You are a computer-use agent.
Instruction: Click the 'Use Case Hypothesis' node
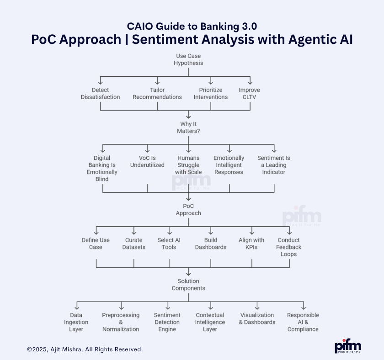pyautogui.click(x=188, y=59)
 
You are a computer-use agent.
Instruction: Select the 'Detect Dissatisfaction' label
pyautogui.click(x=100, y=94)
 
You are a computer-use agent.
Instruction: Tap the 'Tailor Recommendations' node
pyautogui.click(x=157, y=94)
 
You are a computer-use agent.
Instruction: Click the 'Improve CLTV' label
pyautogui.click(x=249, y=94)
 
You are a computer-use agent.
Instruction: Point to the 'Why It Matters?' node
pyautogui.click(x=188, y=127)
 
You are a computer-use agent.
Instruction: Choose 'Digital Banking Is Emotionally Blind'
pyautogui.click(x=102, y=169)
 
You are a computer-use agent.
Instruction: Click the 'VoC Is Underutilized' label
pyautogui.click(x=147, y=162)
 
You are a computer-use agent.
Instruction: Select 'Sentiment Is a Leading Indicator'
pyautogui.click(x=273, y=165)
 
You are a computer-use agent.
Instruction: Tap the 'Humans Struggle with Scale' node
pyautogui.click(x=188, y=165)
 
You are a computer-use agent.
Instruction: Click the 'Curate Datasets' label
pyautogui.click(x=134, y=244)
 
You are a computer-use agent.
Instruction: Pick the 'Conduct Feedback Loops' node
pyautogui.click(x=289, y=247)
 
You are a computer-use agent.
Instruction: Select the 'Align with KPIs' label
pyautogui.click(x=251, y=244)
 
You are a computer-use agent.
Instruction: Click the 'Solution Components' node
pyautogui.click(x=188, y=285)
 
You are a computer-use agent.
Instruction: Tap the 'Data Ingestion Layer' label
pyautogui.click(x=76, y=322)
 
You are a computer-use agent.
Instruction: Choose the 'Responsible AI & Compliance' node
pyautogui.click(x=303, y=322)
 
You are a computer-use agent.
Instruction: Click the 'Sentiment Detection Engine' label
pyautogui.click(x=167, y=322)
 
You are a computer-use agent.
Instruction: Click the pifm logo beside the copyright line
pyautogui.click(x=348, y=346)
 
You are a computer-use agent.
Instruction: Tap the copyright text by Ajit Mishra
pyautogui.click(x=85, y=349)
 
